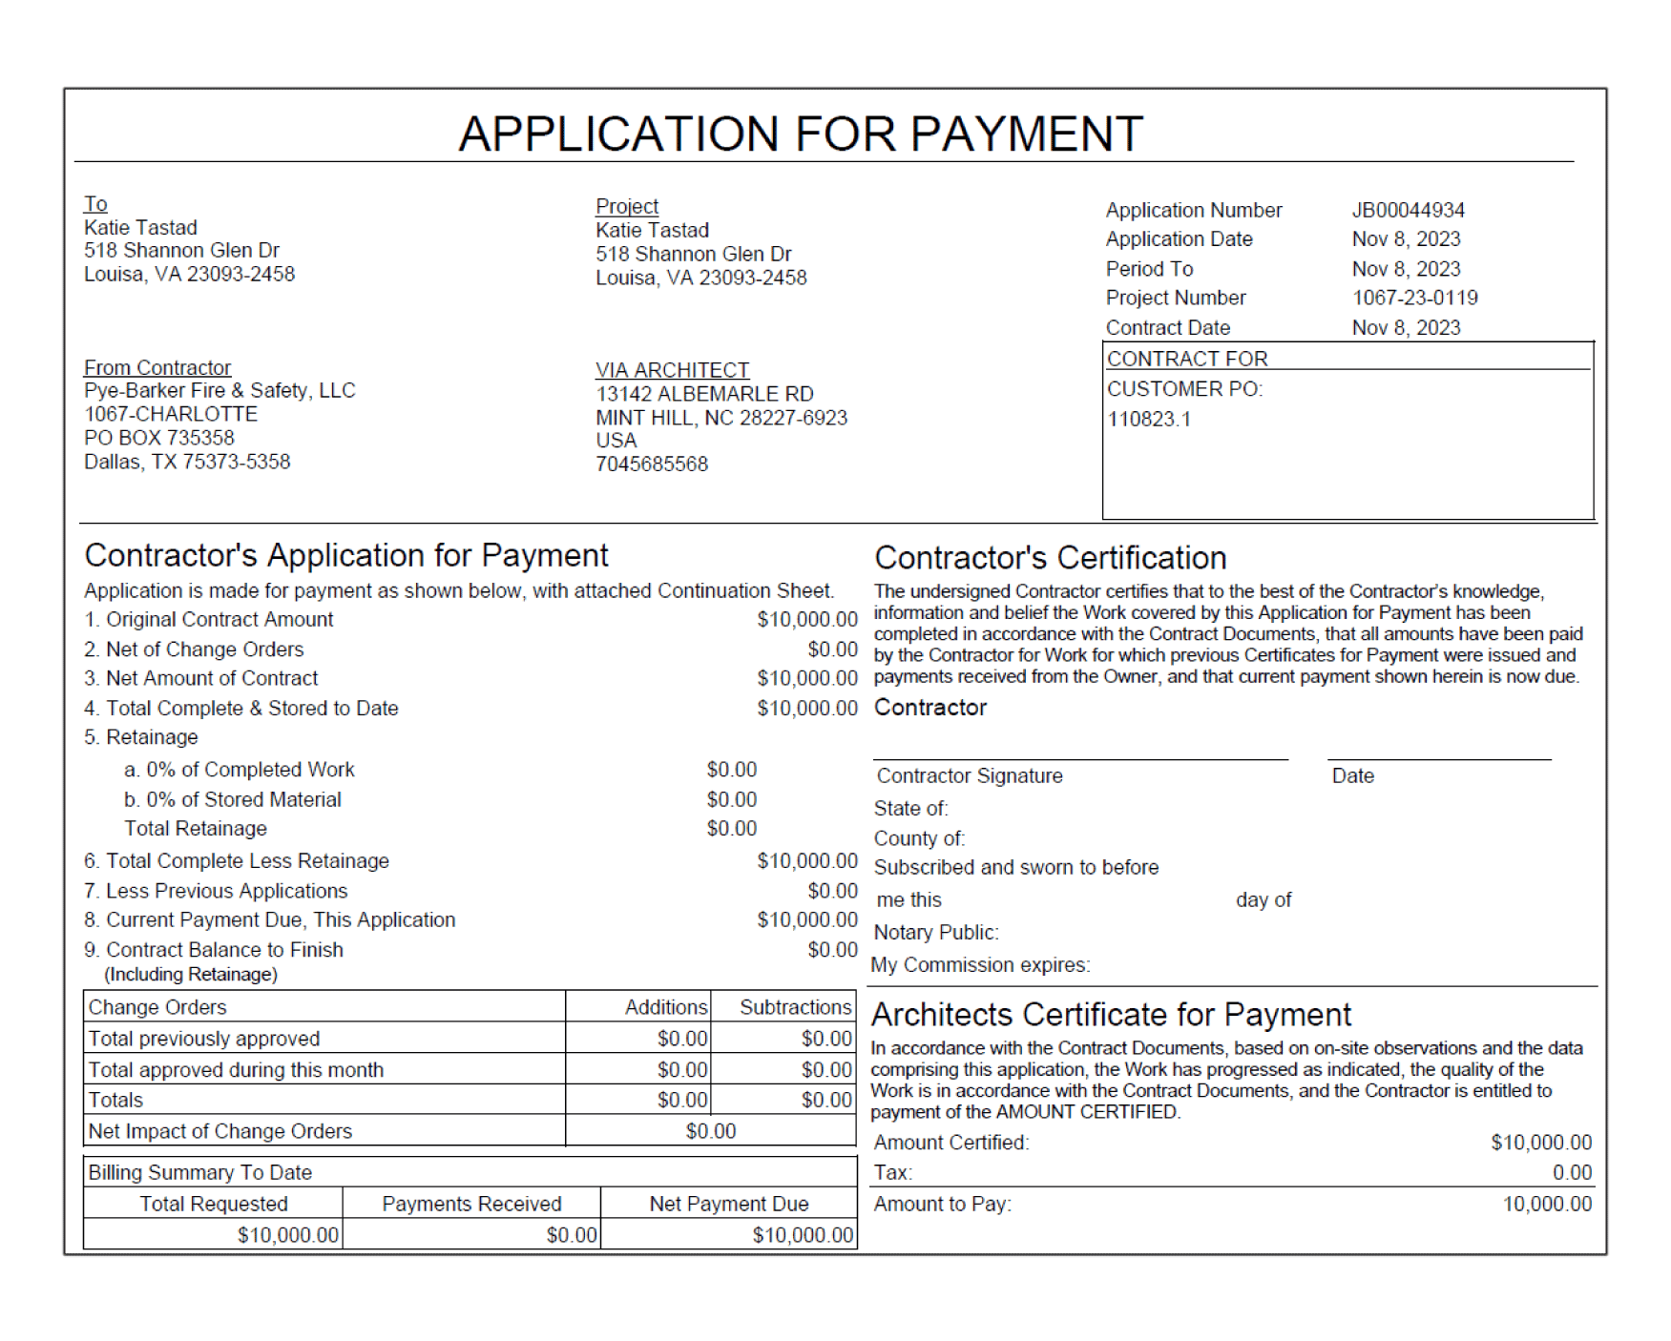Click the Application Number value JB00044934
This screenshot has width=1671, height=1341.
point(1408,210)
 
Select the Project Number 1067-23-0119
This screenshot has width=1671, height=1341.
point(1414,298)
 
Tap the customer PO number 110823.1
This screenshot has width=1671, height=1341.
point(1149,420)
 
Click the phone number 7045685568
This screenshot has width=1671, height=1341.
point(652,464)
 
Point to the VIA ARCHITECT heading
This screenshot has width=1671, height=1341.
point(672,370)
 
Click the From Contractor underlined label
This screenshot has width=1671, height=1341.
point(157,368)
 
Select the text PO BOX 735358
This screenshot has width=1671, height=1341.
point(158,438)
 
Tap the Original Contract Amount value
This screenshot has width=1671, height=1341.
point(807,620)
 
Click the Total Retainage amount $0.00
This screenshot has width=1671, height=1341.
point(731,829)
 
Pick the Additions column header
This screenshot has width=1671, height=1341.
point(665,1007)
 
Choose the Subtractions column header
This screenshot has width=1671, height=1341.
point(795,1007)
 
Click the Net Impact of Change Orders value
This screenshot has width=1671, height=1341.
point(711,1131)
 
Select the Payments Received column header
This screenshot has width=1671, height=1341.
point(471,1204)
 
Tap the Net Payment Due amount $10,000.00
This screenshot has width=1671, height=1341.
point(803,1235)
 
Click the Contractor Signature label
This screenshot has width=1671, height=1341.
point(970,776)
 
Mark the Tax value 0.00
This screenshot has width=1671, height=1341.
point(1572,1173)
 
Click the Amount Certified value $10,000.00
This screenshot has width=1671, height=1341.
point(1541,1143)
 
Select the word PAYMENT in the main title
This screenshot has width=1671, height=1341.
point(1027,134)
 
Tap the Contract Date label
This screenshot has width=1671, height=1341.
point(1168,328)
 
